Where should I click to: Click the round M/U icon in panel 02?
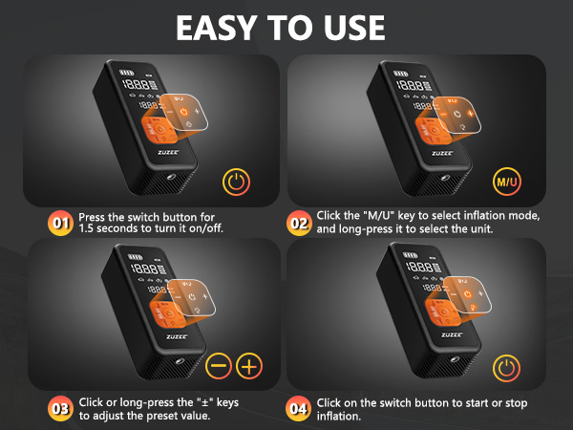pyautogui.click(x=506, y=181)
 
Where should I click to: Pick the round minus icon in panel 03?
pyautogui.click(x=219, y=367)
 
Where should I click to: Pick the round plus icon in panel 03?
pyautogui.click(x=249, y=367)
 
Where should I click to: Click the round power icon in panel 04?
pyautogui.click(x=506, y=367)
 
